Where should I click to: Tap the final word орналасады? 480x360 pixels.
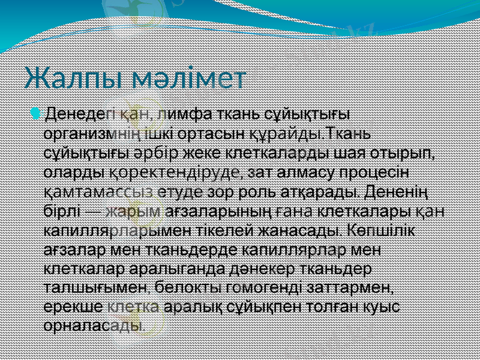pyautogui.click(x=94, y=328)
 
